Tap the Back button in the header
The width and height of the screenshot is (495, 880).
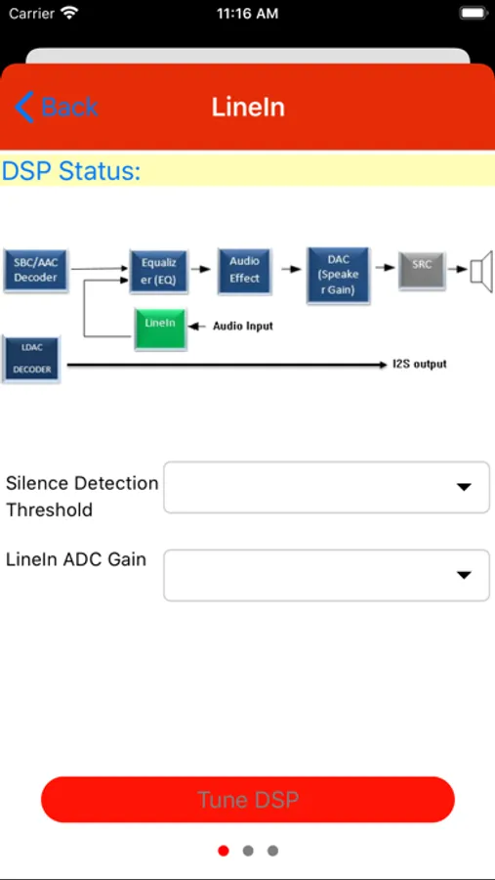tap(56, 107)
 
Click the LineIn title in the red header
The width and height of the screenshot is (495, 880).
tap(248, 108)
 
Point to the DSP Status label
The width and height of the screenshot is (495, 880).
tap(70, 170)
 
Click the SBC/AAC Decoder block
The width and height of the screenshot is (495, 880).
tap(36, 270)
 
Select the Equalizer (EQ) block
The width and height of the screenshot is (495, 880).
tap(158, 271)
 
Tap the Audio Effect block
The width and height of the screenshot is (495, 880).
tap(244, 270)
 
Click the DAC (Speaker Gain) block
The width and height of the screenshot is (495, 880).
tap(339, 275)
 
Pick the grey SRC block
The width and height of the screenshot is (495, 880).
tap(422, 271)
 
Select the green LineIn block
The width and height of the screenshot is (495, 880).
tap(160, 329)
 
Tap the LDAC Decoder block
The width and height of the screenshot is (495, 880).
tap(31, 359)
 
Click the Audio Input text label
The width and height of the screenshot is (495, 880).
tap(243, 326)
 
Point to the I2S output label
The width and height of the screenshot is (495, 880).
tap(420, 365)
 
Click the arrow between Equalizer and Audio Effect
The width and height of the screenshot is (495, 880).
tap(201, 270)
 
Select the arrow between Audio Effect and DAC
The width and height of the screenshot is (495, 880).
tap(292, 270)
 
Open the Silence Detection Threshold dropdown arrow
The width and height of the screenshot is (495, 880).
tap(464, 487)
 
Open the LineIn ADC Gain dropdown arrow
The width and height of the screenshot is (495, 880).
tap(464, 575)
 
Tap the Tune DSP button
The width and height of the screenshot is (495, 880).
tap(248, 799)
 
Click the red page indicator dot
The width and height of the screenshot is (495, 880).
tap(224, 851)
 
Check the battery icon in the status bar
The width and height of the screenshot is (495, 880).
tap(474, 14)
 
